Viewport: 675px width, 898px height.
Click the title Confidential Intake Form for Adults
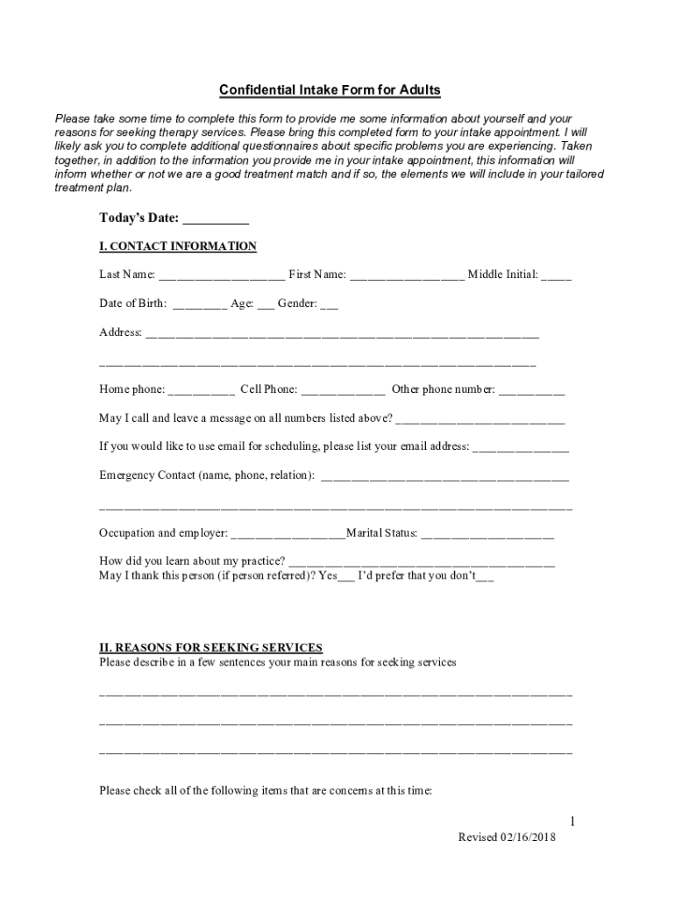tap(329, 90)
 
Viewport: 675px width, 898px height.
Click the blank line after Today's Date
tap(216, 220)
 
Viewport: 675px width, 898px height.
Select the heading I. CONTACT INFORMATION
tap(177, 246)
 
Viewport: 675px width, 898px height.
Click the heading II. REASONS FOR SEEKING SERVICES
tap(210, 647)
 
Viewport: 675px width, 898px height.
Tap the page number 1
tap(572, 822)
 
